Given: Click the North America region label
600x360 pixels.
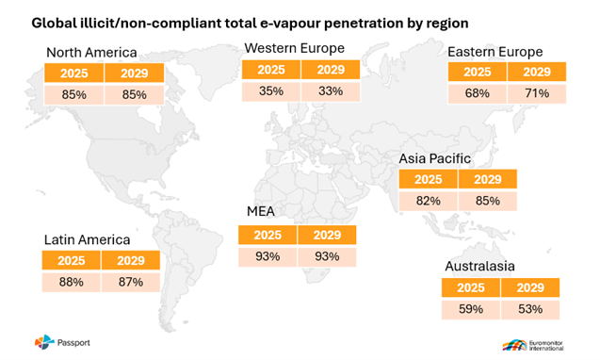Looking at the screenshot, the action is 91,53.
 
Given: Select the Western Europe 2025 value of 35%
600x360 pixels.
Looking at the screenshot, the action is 271,91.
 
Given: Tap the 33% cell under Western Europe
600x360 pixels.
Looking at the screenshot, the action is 331,91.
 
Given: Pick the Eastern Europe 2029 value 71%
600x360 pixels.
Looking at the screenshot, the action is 537,93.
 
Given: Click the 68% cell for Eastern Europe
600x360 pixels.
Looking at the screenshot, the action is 478,93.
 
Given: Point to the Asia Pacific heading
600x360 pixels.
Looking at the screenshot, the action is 435,158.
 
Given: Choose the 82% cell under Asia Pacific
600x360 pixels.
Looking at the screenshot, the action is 429,201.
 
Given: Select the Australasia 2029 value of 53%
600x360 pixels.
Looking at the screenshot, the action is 530,309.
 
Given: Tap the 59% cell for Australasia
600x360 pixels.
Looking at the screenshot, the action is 471,309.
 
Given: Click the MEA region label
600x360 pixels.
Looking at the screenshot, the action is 261,211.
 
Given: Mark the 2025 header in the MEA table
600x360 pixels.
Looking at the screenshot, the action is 268,235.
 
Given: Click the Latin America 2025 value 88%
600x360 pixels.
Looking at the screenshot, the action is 72,283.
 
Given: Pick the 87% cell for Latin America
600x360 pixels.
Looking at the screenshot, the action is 131,283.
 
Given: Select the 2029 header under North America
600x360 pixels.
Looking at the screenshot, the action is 135,74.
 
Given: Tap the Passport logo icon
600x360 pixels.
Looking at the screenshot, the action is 44,342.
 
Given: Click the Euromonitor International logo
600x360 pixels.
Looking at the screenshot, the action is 533,345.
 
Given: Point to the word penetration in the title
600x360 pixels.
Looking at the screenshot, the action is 364,24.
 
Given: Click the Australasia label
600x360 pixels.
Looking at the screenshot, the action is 479,266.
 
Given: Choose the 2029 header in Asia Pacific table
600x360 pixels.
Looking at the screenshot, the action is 488,179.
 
